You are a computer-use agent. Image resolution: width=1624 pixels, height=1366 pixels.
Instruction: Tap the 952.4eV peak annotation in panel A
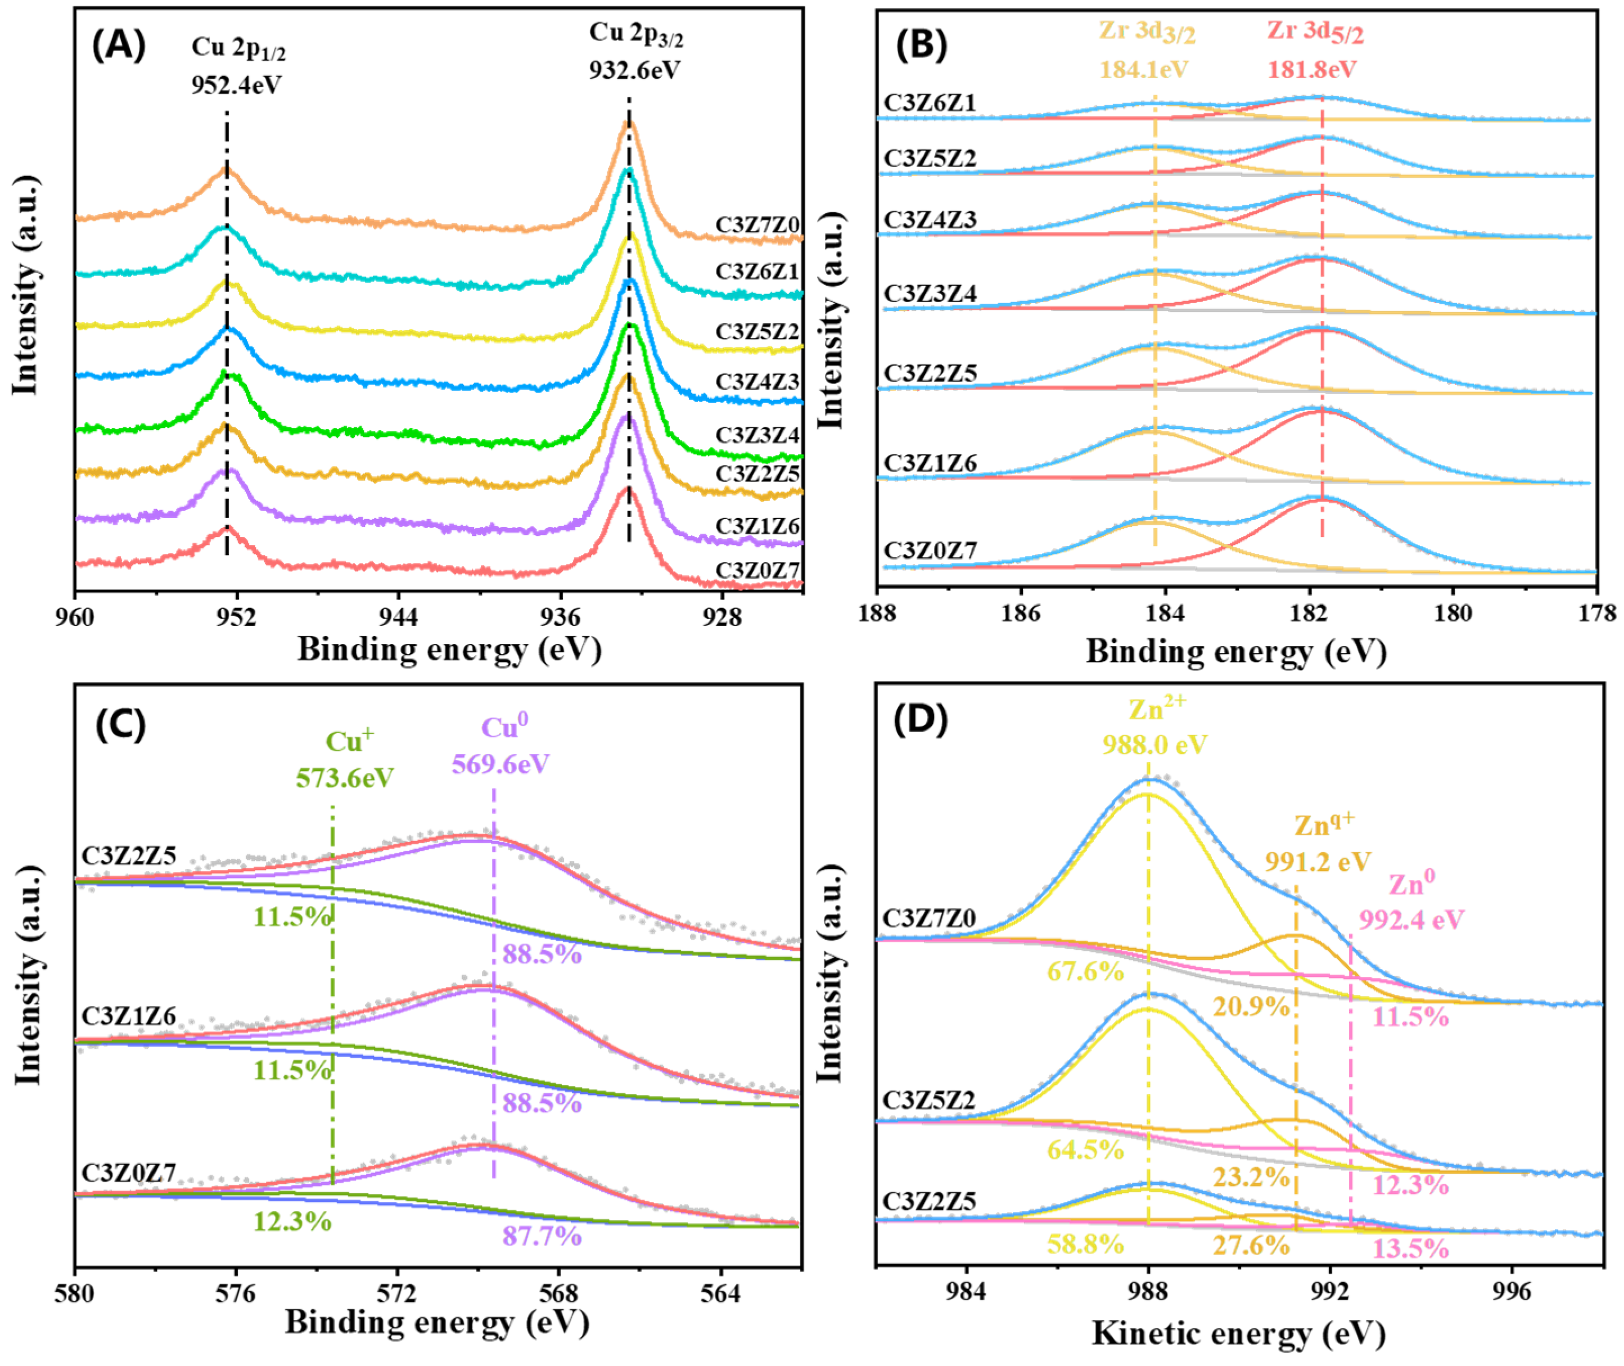click(x=236, y=84)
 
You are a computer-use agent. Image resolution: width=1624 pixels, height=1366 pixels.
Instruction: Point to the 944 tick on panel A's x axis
click(x=398, y=617)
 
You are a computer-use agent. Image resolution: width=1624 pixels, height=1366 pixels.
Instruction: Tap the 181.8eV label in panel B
click(x=1312, y=70)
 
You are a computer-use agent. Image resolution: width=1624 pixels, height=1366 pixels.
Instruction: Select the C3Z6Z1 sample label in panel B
click(x=930, y=102)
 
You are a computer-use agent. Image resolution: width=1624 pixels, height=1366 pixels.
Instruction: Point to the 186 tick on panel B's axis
click(x=1021, y=614)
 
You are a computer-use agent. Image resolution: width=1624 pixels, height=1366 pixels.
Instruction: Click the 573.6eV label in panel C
click(x=345, y=777)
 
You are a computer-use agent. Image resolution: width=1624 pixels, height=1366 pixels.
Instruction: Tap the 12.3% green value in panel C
click(x=292, y=1222)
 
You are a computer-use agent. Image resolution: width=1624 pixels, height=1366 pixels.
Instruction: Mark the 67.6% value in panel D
click(x=1085, y=971)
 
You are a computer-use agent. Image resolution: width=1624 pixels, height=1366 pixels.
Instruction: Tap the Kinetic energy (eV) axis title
click(x=1238, y=1333)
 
